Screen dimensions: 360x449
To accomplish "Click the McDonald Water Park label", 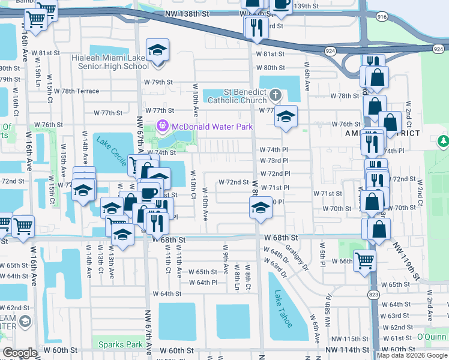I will point(212,127).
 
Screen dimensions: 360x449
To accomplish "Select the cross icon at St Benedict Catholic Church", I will point(275,94).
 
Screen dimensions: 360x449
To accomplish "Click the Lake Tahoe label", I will point(283,309).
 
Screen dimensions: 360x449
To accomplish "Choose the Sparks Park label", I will point(118,344).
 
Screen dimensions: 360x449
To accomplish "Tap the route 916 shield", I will point(382,18).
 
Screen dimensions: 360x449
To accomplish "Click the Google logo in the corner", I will point(20,353).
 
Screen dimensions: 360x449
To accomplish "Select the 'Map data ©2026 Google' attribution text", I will point(412,355).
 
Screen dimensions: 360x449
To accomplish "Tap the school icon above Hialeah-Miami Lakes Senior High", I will point(158,50).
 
